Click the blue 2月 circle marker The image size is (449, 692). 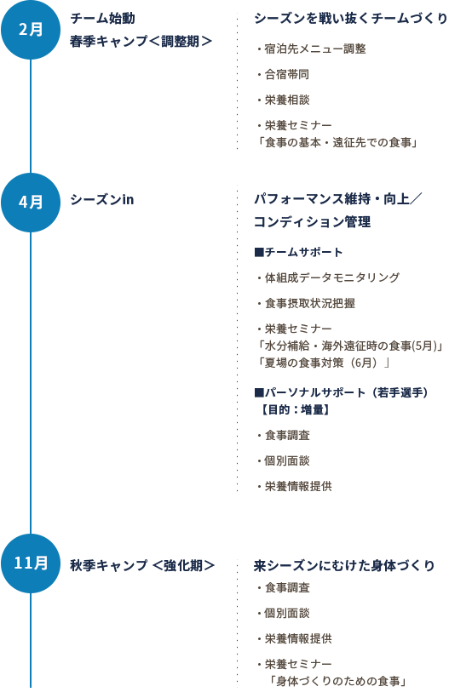pos(31,30)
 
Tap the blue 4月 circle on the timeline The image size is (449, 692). pos(31,203)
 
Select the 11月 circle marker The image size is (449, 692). pos(31,563)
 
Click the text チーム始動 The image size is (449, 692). pos(102,19)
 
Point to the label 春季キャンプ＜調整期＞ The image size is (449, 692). pos(141,41)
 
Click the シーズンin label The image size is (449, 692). pos(101,199)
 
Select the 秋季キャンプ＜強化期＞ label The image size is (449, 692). pos(142,565)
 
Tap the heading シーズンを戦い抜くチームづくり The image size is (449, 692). pos(351,19)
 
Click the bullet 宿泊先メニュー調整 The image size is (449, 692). pos(311,49)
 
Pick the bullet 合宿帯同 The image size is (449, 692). pos(283,74)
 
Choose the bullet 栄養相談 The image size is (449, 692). pos(283,100)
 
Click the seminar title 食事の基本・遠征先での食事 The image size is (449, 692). pos(338,142)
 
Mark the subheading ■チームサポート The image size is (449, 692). pos(298,252)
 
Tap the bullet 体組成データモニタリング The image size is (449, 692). pos(328,277)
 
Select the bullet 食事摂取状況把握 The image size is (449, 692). pos(306,303)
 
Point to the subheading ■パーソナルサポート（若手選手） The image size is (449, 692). pos(341,392)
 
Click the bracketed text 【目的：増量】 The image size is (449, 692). pos(294,409)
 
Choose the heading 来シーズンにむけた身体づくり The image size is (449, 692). pos(344,565)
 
